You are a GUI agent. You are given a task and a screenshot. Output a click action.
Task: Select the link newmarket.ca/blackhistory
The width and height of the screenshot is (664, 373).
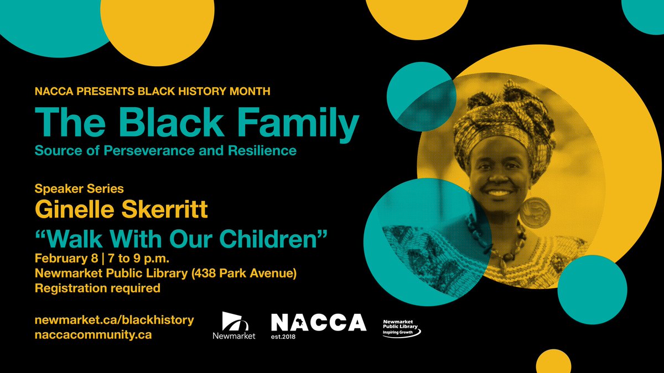pos(114,319)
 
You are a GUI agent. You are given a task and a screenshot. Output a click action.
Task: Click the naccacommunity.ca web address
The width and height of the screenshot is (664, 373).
pos(93,334)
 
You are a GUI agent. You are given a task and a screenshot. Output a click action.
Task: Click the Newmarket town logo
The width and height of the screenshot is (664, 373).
pos(234,325)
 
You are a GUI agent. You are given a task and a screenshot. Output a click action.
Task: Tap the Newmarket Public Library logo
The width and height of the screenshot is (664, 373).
pos(402,328)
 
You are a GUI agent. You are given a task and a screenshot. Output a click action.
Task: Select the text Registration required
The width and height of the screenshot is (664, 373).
pos(97,288)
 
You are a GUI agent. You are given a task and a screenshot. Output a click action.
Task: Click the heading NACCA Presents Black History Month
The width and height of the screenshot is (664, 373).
pos(152,91)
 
